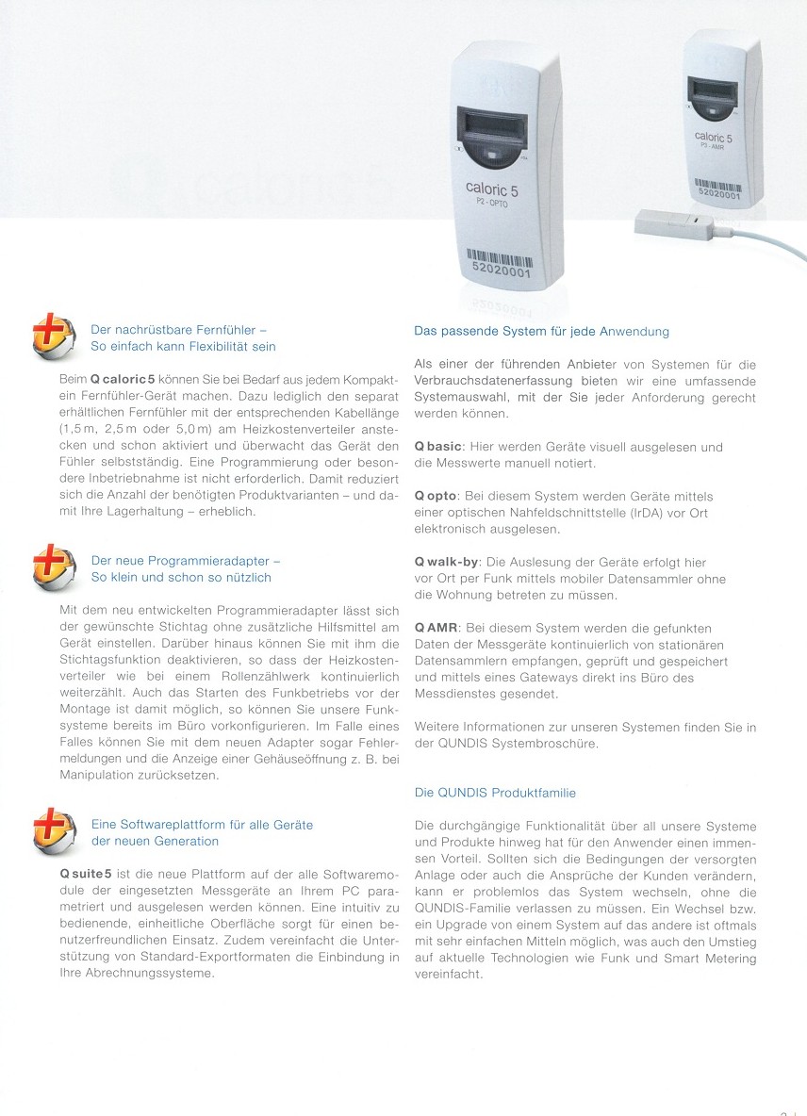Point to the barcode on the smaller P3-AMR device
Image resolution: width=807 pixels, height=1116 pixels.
pyautogui.click(x=718, y=184)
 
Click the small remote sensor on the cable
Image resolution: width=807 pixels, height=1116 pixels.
pyautogui.click(x=670, y=223)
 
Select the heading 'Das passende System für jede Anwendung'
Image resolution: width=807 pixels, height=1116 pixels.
pyautogui.click(x=541, y=331)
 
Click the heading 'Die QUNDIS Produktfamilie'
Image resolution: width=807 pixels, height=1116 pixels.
pyautogui.click(x=495, y=793)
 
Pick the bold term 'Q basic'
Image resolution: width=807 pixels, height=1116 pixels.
pyautogui.click(x=437, y=447)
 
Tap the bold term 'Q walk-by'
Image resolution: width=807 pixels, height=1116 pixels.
pyautogui.click(x=447, y=562)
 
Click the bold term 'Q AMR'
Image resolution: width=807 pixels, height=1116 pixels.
pyautogui.click(x=436, y=628)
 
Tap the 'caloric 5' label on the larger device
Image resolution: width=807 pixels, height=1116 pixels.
pyautogui.click(x=491, y=189)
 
